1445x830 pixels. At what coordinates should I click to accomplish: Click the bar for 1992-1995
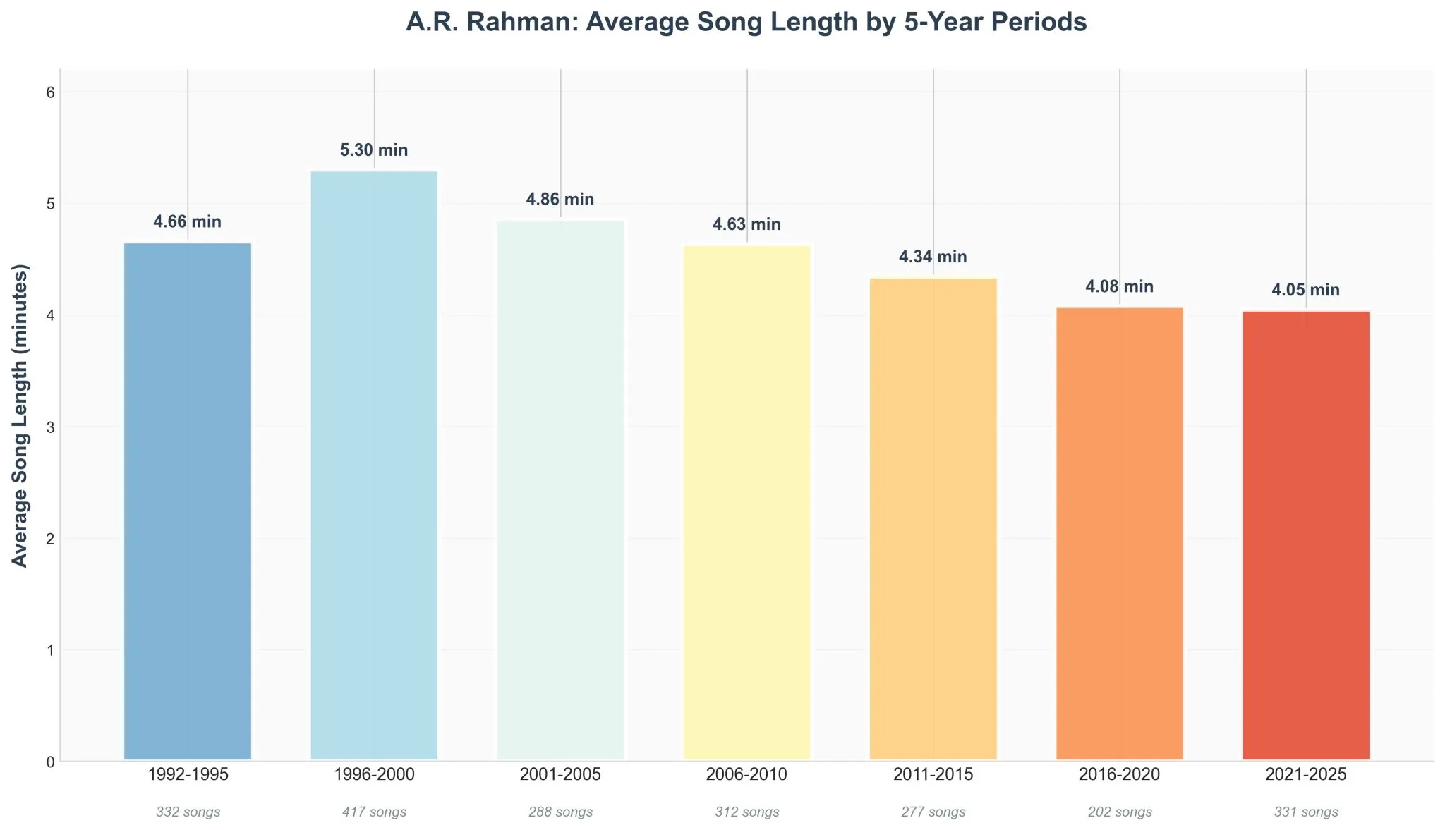click(x=188, y=501)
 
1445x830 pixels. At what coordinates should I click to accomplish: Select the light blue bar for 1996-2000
click(x=374, y=465)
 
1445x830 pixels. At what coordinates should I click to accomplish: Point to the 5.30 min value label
click(x=374, y=150)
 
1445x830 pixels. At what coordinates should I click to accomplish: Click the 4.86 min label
click(x=560, y=200)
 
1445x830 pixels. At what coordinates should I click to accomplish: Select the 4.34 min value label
click(x=933, y=257)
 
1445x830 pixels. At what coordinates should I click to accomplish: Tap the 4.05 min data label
click(x=1305, y=290)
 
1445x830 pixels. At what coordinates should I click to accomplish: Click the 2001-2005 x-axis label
click(x=560, y=775)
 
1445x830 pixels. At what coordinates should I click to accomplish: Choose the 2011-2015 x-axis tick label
click(x=933, y=775)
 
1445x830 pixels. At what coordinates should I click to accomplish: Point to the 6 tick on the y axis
click(x=49, y=93)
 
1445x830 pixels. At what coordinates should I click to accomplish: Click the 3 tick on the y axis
click(x=49, y=427)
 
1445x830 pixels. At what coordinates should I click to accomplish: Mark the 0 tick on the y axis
click(x=49, y=762)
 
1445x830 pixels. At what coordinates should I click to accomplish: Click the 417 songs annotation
click(x=374, y=812)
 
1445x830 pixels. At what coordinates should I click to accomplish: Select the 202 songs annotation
click(x=1120, y=812)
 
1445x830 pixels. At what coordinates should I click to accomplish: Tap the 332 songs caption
click(x=188, y=812)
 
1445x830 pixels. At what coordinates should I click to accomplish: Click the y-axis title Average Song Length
click(x=20, y=415)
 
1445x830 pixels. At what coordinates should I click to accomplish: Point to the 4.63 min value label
click(x=746, y=225)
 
